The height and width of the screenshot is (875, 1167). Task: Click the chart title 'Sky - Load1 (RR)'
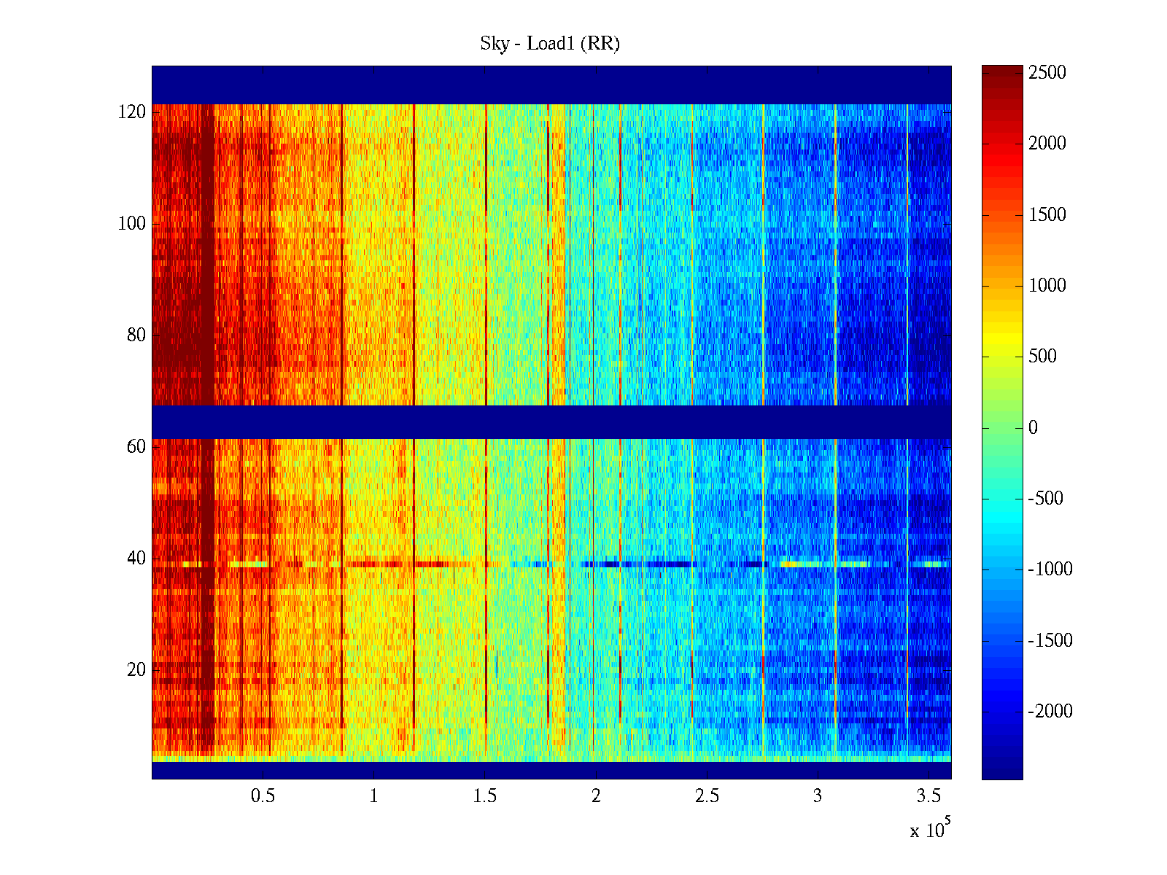coord(550,44)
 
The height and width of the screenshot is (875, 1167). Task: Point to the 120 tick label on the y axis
coord(132,112)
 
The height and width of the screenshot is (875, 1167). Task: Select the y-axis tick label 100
coord(132,224)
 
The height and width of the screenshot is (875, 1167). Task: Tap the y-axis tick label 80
coord(136,335)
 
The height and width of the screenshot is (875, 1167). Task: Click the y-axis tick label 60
coord(136,447)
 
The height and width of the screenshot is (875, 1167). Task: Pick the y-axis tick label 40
coord(136,559)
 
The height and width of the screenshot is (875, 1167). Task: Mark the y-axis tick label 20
coord(136,670)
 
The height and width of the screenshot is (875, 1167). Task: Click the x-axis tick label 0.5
coord(263,796)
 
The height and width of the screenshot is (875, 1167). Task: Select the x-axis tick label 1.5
coord(484,796)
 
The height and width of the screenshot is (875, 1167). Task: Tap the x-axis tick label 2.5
coord(707,796)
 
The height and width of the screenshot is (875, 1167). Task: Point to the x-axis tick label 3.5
coord(928,796)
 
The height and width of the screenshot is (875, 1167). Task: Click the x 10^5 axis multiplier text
coord(930,830)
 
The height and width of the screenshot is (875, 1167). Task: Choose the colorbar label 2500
coord(1047,73)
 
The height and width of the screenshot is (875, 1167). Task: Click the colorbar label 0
coord(1033,428)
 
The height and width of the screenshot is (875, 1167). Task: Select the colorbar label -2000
coord(1050,712)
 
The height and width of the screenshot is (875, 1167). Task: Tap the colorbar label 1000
coord(1047,286)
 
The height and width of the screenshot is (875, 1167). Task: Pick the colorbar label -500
coord(1046,499)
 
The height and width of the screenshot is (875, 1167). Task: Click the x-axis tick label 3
coord(818,796)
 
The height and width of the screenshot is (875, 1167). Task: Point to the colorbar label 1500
coord(1047,215)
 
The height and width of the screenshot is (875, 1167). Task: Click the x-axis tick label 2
coord(596,796)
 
